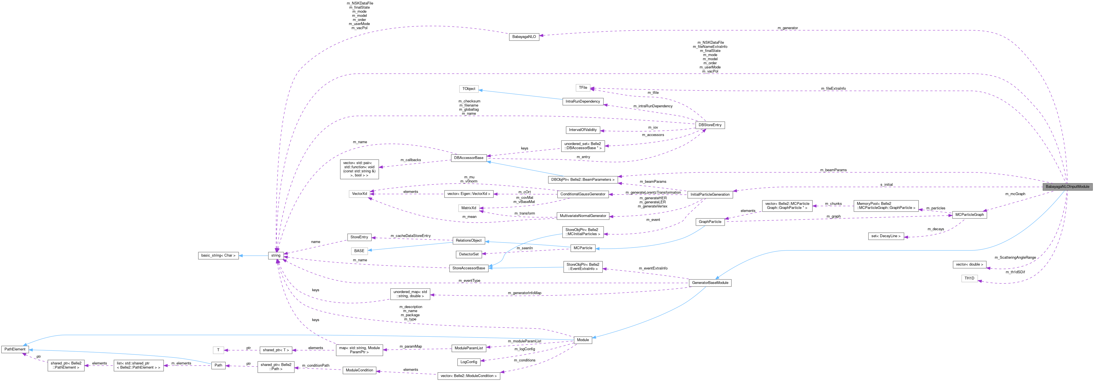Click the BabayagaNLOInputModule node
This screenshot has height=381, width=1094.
pos(1067,187)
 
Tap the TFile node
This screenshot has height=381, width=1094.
pos(583,87)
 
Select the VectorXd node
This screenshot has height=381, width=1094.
pos(359,194)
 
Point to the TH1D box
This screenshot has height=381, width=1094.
pos(969,278)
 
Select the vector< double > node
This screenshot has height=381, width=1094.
pos(969,264)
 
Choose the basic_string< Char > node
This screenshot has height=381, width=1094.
pos(218,256)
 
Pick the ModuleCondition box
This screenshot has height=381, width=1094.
pos(359,370)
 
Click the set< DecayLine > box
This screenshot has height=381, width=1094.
pos(886,236)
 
